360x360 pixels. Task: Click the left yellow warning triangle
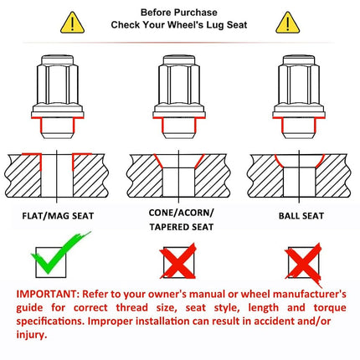(x=72, y=23)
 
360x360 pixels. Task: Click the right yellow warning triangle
(x=288, y=23)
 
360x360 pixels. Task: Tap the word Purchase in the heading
(x=198, y=13)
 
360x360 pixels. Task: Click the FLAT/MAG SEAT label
(x=58, y=216)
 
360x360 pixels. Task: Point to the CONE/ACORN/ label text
(x=181, y=213)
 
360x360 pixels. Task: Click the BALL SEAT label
(x=301, y=216)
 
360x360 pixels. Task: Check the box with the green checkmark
(x=51, y=262)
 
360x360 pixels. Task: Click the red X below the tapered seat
(x=178, y=261)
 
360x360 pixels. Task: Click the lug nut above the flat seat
(x=58, y=96)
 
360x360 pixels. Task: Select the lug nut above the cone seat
(x=179, y=96)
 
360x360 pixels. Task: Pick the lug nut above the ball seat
(x=299, y=96)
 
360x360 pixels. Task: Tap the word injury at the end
(x=30, y=335)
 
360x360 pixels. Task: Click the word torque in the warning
(x=330, y=308)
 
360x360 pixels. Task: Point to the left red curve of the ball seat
(x=278, y=161)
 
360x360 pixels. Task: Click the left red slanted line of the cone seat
(x=158, y=161)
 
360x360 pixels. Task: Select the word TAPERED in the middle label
(x=168, y=227)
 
